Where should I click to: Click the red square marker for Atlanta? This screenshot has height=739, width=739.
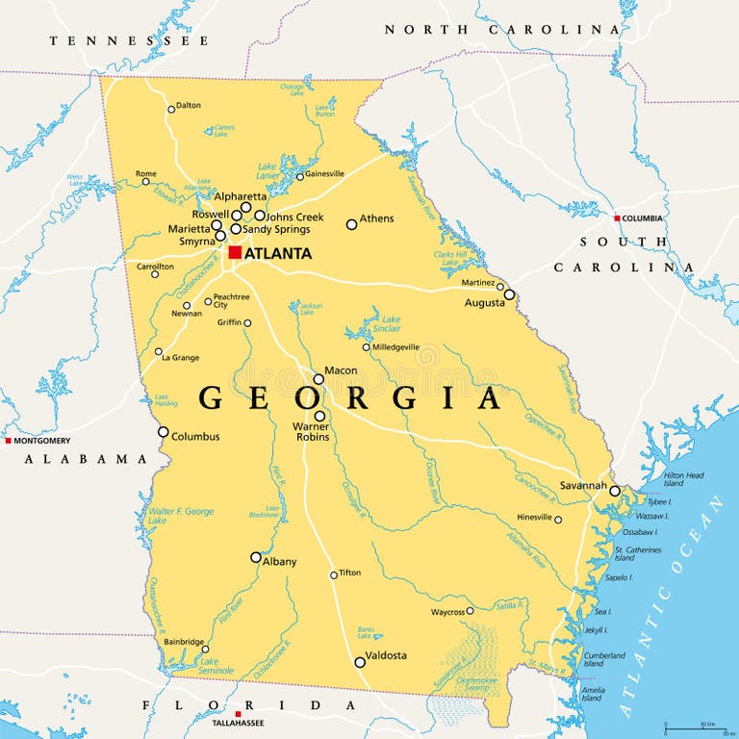click(x=235, y=252)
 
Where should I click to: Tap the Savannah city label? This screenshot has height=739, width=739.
click(x=584, y=485)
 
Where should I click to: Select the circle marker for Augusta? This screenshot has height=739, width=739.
click(x=510, y=294)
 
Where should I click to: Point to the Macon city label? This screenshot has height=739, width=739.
click(x=341, y=370)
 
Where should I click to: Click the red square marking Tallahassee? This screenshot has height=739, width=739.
click(x=238, y=715)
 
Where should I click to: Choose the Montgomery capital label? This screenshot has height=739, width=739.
click(x=42, y=440)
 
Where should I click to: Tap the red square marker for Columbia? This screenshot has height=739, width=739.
click(x=617, y=218)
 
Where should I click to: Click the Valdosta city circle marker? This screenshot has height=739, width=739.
click(x=360, y=662)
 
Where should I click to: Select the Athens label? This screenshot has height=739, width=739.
click(x=376, y=218)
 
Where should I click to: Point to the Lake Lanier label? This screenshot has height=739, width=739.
click(x=267, y=171)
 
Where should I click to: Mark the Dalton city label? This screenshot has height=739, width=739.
click(x=189, y=106)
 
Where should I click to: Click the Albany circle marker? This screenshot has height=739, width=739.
click(x=256, y=557)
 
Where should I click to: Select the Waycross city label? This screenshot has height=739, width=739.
click(x=447, y=611)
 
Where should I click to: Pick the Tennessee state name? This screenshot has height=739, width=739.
click(x=129, y=41)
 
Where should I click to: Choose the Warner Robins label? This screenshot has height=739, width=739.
click(x=313, y=431)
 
